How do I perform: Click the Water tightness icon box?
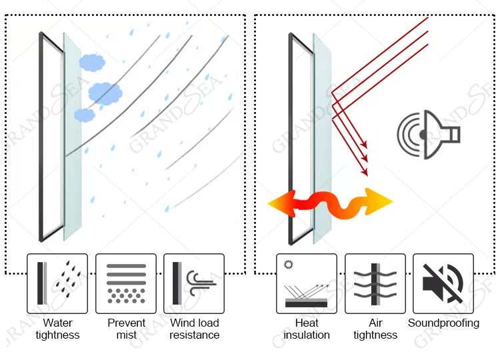(57, 283)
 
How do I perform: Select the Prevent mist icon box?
(126, 283)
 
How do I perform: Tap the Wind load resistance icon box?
(194, 283)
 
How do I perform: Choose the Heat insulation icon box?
(307, 283)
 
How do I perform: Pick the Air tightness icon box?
(375, 283)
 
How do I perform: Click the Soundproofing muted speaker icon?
(443, 283)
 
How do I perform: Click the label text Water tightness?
(57, 329)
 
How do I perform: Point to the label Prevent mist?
(126, 329)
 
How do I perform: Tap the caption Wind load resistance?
(194, 329)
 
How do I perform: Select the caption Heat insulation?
(307, 329)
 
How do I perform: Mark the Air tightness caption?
(375, 329)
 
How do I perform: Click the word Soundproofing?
(443, 323)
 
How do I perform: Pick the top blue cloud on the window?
(92, 63)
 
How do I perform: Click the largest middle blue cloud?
(105, 93)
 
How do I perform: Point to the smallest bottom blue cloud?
(85, 115)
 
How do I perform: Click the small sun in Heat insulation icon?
(289, 265)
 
